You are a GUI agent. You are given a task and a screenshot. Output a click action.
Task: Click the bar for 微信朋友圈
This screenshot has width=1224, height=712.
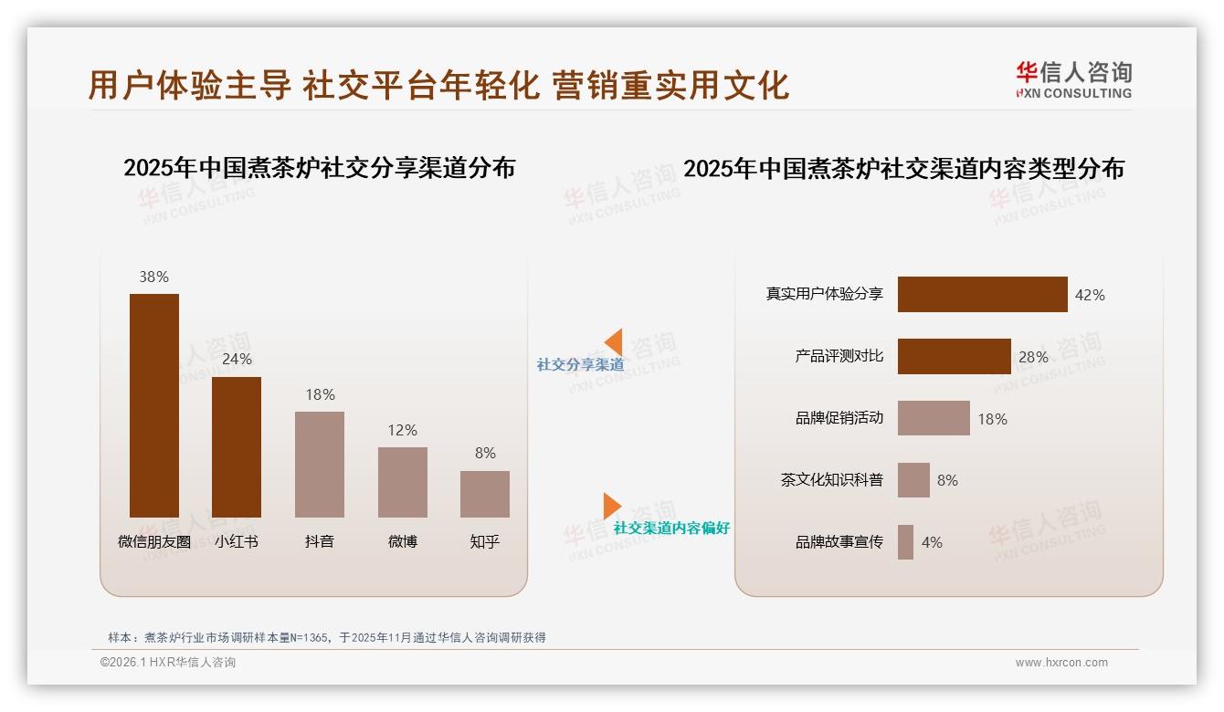click(x=154, y=405)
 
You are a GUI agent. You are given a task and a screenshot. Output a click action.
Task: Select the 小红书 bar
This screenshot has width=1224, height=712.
click(x=237, y=447)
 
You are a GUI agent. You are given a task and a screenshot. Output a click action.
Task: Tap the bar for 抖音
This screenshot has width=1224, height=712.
click(x=320, y=465)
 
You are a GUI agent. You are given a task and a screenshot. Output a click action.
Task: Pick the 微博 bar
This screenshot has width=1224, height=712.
click(x=403, y=482)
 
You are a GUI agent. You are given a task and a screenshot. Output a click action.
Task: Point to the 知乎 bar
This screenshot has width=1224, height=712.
click(x=485, y=494)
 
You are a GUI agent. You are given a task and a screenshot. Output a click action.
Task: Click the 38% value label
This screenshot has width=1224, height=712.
click(x=154, y=277)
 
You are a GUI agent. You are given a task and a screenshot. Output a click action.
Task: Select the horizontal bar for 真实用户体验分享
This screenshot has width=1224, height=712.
click(x=982, y=295)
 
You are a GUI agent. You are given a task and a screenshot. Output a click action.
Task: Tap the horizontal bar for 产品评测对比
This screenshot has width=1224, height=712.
click(x=954, y=357)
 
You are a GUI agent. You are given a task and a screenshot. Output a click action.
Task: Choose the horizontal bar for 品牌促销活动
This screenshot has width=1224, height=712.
click(x=934, y=418)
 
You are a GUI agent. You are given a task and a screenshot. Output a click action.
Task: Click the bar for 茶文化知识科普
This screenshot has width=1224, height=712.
click(x=913, y=480)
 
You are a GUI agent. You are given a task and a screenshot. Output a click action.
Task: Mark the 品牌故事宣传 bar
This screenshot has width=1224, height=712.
click(x=905, y=542)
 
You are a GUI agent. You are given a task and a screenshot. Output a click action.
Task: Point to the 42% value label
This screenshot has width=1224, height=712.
click(x=1090, y=295)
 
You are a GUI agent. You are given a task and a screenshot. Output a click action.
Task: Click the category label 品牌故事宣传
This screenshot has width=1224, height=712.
click(x=839, y=542)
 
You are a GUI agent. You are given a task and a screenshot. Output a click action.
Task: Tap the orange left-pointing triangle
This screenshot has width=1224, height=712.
click(x=614, y=342)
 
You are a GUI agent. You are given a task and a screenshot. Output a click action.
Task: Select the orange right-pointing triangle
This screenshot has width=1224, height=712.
click(x=612, y=505)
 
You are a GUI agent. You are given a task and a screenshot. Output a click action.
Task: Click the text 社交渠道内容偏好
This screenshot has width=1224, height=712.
click(x=671, y=528)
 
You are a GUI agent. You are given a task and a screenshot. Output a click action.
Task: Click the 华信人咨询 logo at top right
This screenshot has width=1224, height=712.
click(x=1073, y=80)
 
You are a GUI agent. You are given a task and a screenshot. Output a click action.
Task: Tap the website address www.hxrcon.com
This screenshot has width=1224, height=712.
click(x=1061, y=663)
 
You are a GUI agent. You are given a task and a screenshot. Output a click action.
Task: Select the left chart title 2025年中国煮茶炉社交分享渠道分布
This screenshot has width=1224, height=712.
click(x=319, y=168)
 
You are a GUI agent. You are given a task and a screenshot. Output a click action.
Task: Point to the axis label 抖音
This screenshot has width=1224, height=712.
click(x=320, y=541)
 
